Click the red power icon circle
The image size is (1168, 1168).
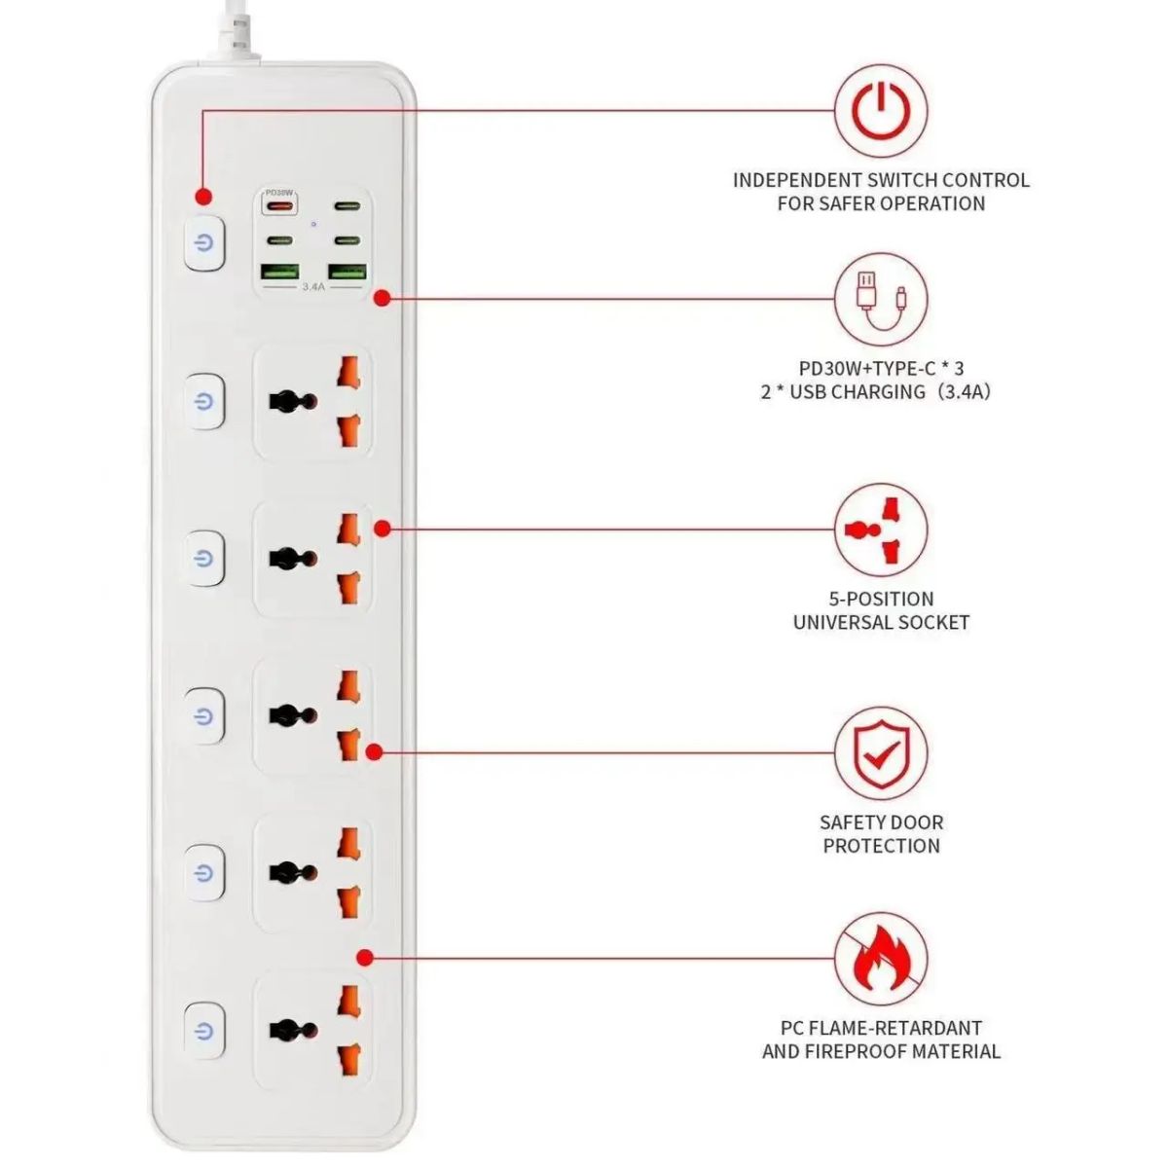(881, 111)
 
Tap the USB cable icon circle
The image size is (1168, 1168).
(881, 300)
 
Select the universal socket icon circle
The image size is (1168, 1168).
(881, 529)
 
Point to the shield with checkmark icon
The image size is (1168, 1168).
(881, 752)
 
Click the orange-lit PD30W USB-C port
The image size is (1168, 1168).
(278, 204)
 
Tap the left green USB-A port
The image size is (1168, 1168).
(279, 272)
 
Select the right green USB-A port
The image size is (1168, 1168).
(347, 272)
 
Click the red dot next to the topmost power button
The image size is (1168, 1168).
(203, 197)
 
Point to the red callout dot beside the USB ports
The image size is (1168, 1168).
(382, 298)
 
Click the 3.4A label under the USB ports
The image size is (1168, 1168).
(313, 286)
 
